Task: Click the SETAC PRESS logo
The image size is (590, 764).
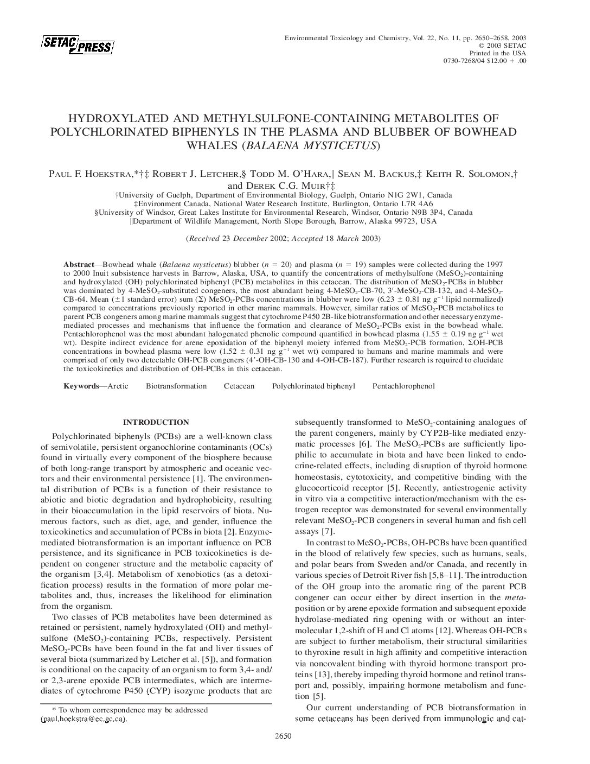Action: pyautogui.click(x=77, y=45)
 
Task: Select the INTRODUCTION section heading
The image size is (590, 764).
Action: pyautogui.click(x=156, y=422)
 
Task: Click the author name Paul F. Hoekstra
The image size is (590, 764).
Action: pyautogui.click(x=87, y=174)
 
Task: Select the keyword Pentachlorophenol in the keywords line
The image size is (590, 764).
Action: pyautogui.click(x=403, y=386)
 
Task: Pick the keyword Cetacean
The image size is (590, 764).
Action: pyautogui.click(x=239, y=386)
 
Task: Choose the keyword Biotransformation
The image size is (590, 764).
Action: pyautogui.click(x=176, y=386)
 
